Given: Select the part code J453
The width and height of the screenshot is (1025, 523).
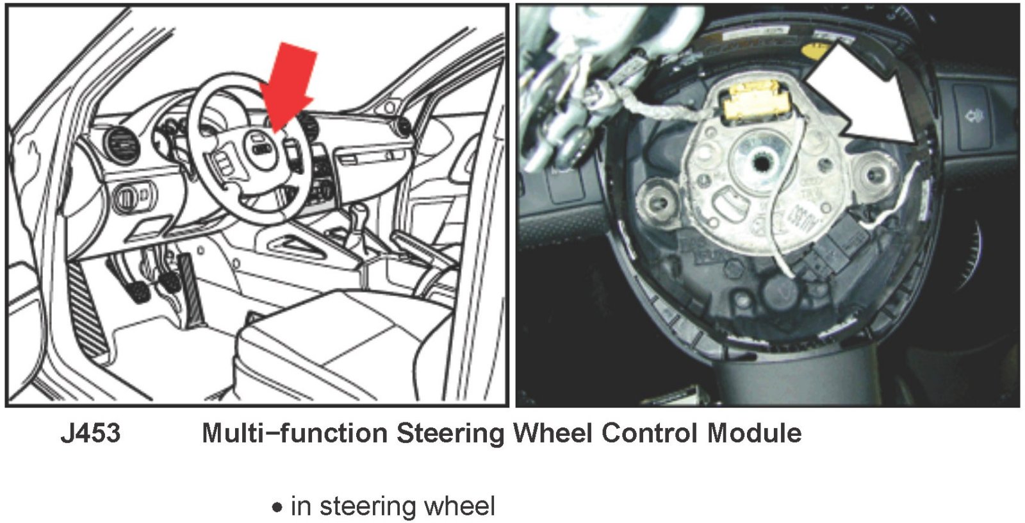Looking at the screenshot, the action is (90, 434).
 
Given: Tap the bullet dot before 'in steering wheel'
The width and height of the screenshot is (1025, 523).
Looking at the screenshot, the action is (277, 508).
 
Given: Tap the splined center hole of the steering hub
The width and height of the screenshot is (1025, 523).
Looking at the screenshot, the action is (762, 162).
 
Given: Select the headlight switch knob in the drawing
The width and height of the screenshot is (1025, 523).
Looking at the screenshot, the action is (133, 197).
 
